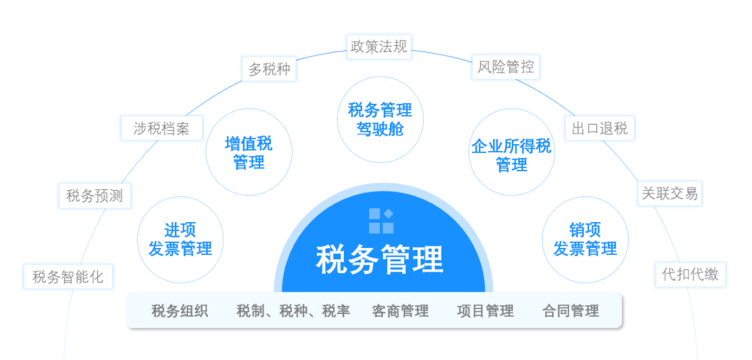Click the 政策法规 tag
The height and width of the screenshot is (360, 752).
379,47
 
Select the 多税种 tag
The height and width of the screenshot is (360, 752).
269,70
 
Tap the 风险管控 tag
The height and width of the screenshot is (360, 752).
506,67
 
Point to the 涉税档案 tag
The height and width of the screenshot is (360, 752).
162,128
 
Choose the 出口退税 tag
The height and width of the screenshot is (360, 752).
600,128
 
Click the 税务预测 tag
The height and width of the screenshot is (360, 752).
95,196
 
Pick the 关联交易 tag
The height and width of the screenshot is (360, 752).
670,194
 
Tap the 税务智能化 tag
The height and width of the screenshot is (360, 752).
68,276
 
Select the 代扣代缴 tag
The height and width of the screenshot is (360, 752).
691,274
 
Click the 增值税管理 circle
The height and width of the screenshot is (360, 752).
249,152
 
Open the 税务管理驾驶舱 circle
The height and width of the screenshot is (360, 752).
380,119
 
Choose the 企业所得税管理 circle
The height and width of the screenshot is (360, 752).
511,152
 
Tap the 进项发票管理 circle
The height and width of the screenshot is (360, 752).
180,240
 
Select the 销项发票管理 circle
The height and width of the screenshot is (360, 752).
585,240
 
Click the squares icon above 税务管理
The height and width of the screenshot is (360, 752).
382,221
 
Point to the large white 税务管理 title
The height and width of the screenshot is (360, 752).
379,260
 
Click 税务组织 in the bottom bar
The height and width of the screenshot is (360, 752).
180,311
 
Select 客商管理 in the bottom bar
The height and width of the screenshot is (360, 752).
400,311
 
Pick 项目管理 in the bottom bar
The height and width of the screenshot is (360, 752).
485,311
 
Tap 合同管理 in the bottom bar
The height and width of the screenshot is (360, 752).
571,311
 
